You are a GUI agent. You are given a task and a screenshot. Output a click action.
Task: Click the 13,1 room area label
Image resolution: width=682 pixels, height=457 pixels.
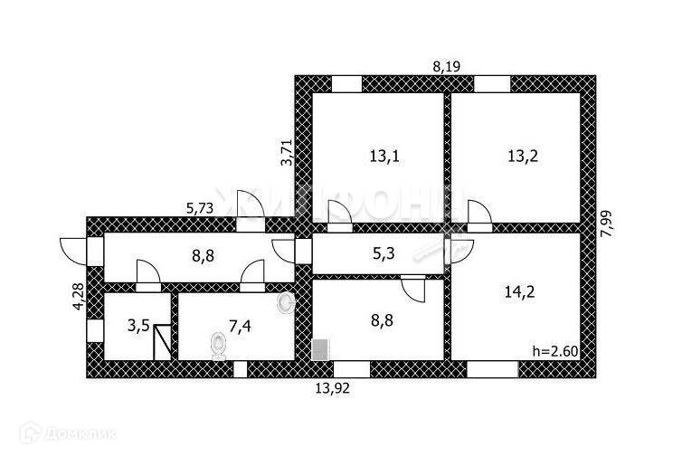tap(384, 156)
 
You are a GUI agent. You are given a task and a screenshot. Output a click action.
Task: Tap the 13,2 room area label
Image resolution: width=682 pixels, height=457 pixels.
tap(522, 156)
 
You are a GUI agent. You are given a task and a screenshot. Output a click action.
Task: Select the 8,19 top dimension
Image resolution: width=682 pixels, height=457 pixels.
tap(447, 65)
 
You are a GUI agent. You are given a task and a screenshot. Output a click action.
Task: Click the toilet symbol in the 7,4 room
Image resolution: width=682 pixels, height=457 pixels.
tap(217, 345)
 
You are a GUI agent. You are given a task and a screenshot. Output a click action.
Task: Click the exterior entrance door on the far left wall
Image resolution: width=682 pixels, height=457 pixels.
tap(72, 247)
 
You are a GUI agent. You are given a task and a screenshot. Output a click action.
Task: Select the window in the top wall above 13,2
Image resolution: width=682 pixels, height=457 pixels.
tap(492, 84)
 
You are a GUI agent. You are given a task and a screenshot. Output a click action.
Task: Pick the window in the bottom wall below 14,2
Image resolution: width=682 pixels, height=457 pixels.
tap(492, 368)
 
